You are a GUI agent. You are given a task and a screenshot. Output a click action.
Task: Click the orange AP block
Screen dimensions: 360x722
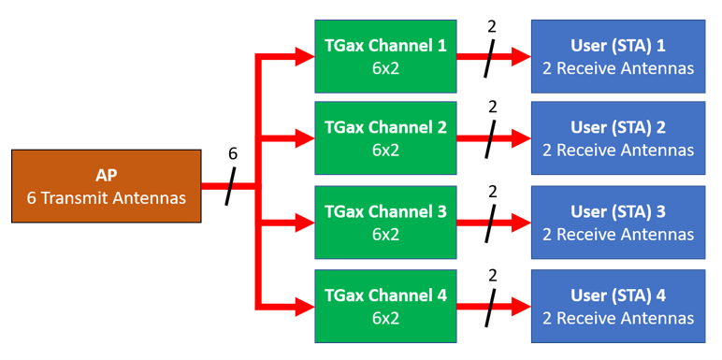pyautogui.click(x=106, y=186)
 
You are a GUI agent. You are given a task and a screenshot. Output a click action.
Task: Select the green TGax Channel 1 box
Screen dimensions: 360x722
pyautogui.click(x=385, y=56)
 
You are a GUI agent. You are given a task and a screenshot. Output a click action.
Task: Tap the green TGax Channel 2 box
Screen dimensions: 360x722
pyautogui.click(x=385, y=138)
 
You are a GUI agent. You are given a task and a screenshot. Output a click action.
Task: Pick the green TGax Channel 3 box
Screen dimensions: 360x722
pyautogui.click(x=385, y=222)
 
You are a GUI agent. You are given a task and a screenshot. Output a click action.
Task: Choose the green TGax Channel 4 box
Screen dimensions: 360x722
pyautogui.click(x=385, y=306)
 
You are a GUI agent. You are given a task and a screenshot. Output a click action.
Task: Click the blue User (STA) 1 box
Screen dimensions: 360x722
pyautogui.click(x=617, y=56)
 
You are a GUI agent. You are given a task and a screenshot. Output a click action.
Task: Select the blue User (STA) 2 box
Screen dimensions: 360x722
pyautogui.click(x=617, y=138)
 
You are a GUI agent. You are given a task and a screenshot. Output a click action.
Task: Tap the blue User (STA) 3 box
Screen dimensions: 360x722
pyautogui.click(x=617, y=222)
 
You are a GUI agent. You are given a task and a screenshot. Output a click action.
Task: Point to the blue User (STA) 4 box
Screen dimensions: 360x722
pyautogui.click(x=617, y=306)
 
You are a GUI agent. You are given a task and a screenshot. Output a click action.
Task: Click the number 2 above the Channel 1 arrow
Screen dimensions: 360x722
pyautogui.click(x=492, y=26)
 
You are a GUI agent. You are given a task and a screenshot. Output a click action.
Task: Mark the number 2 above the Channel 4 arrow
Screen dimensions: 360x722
pyautogui.click(x=492, y=276)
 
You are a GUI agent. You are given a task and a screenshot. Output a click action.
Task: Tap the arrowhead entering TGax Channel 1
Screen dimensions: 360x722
pyautogui.click(x=305, y=56)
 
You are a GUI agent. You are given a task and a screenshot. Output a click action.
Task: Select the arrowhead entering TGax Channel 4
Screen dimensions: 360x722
pyautogui.click(x=305, y=306)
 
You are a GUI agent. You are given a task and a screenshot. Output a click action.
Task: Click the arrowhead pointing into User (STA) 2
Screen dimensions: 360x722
pyautogui.click(x=521, y=139)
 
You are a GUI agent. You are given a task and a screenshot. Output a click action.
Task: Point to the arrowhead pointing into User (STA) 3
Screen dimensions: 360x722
pyautogui.click(x=521, y=223)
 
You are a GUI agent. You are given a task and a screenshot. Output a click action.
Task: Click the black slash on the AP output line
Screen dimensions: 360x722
pyautogui.click(x=232, y=186)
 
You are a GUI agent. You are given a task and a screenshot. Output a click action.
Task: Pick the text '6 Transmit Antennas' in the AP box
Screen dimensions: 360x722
pyautogui.click(x=106, y=197)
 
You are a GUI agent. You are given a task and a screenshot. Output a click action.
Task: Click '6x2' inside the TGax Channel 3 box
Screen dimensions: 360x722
pyautogui.click(x=385, y=234)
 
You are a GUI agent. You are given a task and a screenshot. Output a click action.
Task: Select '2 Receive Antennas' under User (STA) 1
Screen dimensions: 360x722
pyautogui.click(x=617, y=67)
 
